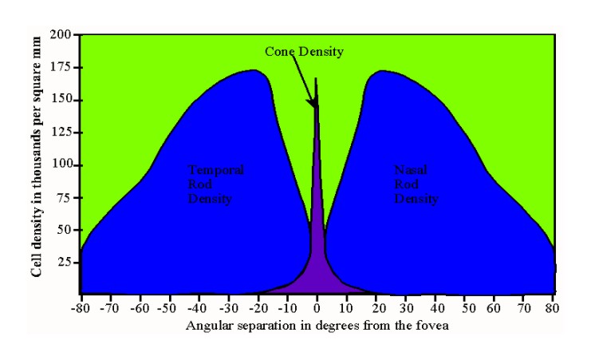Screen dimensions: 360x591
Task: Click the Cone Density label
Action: (x=304, y=52)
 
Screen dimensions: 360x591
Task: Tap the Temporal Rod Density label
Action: (x=215, y=184)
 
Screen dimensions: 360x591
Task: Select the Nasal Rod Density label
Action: (x=416, y=184)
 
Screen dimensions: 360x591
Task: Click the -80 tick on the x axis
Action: (x=81, y=306)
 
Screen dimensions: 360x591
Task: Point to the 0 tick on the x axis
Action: (x=317, y=306)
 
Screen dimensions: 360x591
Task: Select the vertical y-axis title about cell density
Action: (x=37, y=164)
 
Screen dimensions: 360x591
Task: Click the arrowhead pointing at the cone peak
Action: (x=315, y=104)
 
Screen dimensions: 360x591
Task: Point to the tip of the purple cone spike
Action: (x=317, y=78)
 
